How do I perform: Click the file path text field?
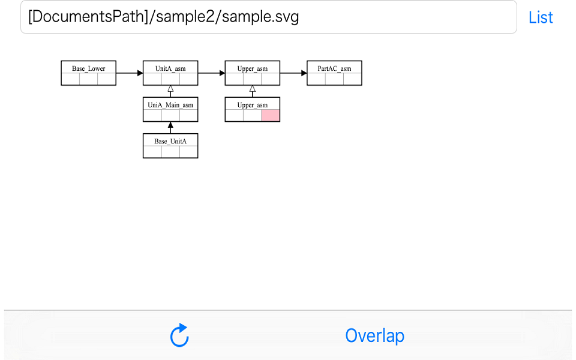pos(268,17)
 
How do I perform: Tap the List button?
pos(540,17)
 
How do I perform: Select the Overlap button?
pos(374,335)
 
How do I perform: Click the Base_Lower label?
pos(88,68)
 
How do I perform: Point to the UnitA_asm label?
pos(170,68)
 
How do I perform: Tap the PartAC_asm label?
pos(334,68)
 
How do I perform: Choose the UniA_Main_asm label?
pos(170,105)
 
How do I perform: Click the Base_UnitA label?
pos(170,141)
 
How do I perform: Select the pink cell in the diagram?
pos(271,116)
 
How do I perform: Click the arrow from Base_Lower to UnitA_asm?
pos(129,73)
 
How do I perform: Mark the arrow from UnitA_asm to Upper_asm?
pos(211,73)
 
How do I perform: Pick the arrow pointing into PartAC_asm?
pos(293,73)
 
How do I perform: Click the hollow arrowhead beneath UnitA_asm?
pos(170,89)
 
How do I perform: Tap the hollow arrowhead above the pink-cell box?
pos(253,89)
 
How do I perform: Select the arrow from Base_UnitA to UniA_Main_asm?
pos(170,128)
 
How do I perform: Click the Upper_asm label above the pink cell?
pos(253,105)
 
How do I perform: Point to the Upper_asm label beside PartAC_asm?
pos(253,68)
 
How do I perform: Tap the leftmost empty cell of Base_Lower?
pos(71,79)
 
